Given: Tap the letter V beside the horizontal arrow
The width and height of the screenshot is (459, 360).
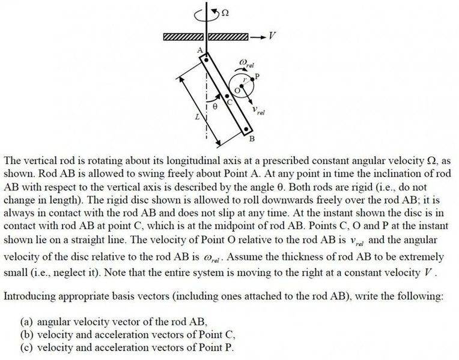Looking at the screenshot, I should (272, 36).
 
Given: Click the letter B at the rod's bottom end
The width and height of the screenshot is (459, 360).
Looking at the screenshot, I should (252, 140).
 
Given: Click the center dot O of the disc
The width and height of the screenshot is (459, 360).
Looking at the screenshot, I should (243, 89).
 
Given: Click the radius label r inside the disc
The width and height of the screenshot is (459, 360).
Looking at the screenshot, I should (245, 81).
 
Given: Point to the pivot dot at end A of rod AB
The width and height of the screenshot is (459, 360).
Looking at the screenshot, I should (206, 60).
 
